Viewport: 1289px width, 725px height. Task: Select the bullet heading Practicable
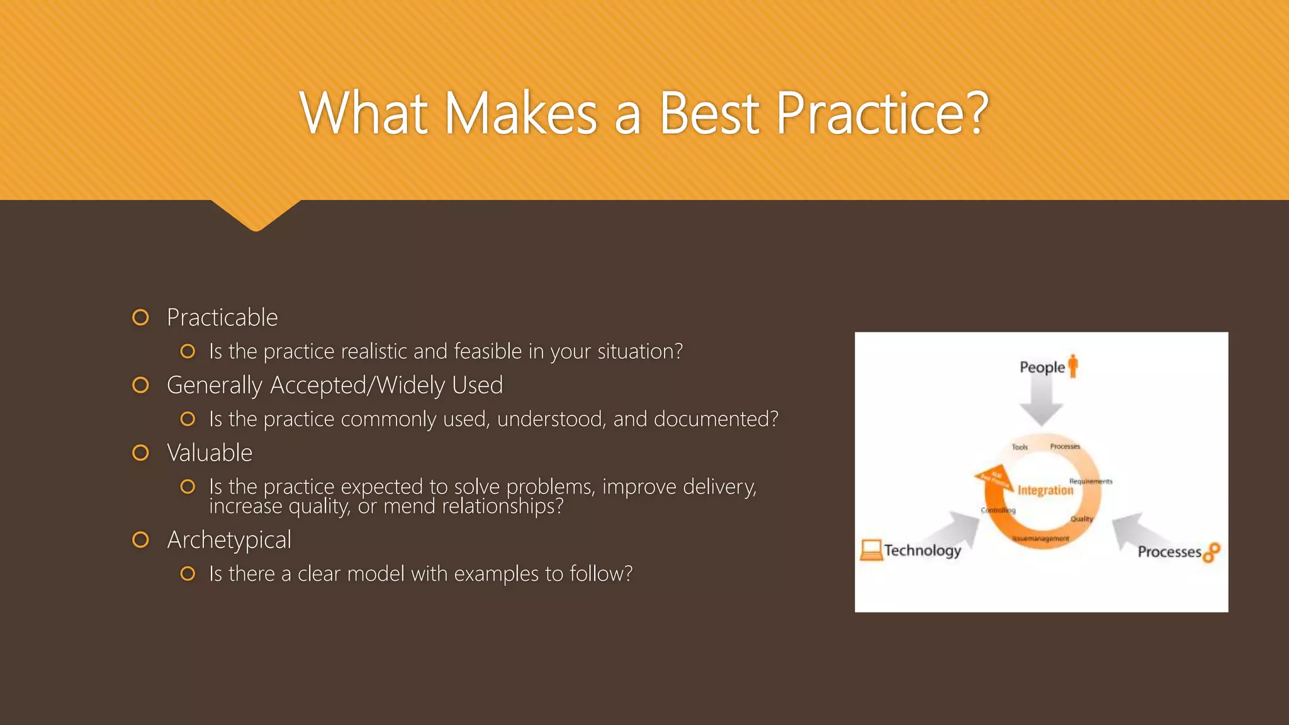click(222, 318)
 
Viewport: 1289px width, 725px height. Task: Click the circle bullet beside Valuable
click(141, 453)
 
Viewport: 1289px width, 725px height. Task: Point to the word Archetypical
click(229, 540)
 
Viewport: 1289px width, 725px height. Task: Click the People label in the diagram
click(1042, 367)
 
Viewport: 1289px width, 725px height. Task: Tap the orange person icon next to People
click(1073, 366)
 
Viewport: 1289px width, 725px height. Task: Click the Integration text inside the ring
click(1045, 490)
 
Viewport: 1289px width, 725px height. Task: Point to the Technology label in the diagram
click(923, 551)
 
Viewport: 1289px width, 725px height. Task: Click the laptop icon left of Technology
click(871, 550)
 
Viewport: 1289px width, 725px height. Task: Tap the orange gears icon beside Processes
click(1212, 552)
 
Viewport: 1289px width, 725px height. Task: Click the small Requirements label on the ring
click(1090, 481)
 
